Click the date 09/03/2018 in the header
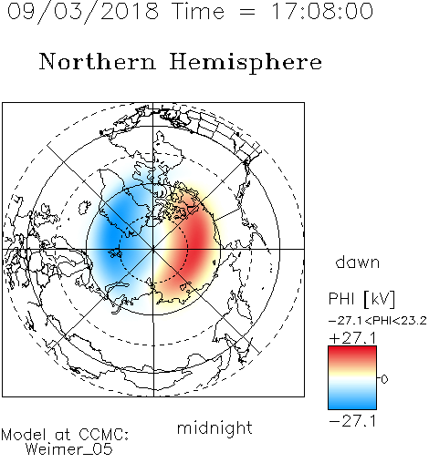[x=83, y=11]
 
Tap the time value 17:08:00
[x=322, y=11]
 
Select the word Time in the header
[x=198, y=11]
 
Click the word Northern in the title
[x=97, y=61]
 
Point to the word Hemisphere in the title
[x=246, y=63]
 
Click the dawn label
[x=358, y=262]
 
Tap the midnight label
[x=214, y=427]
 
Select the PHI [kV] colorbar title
[x=361, y=299]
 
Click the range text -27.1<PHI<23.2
[x=378, y=321]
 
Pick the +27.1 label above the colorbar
[x=352, y=338]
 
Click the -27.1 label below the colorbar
[x=352, y=421]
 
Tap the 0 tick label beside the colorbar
[x=384, y=379]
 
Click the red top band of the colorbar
[x=352, y=353]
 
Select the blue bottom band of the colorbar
[x=352, y=403]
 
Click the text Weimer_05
[x=69, y=449]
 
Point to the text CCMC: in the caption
[x=104, y=434]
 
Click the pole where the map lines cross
[x=153, y=249]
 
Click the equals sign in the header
[x=247, y=12]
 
